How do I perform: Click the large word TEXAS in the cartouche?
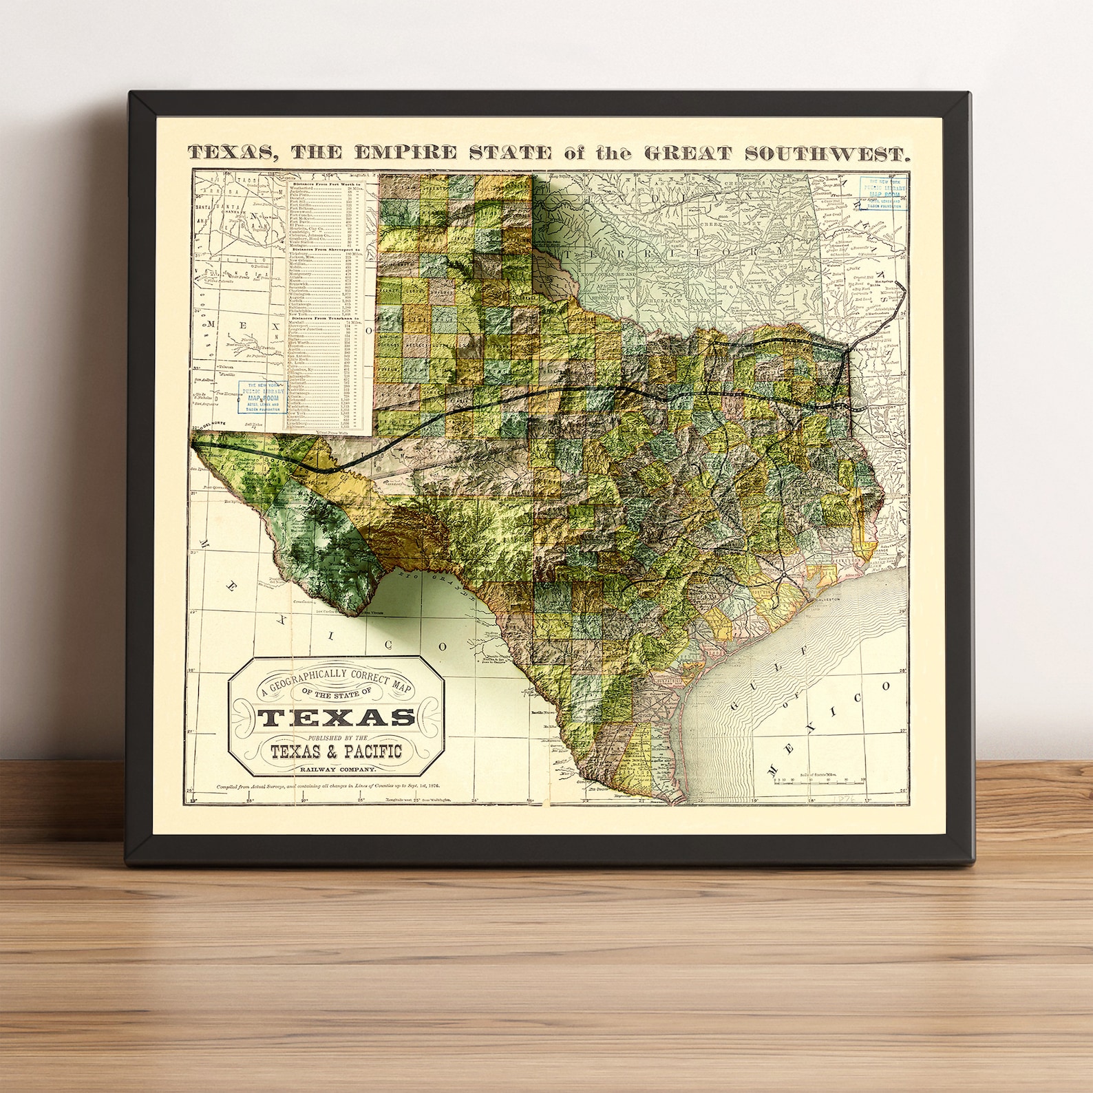tap(336, 718)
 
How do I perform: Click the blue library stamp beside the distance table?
tap(262, 397)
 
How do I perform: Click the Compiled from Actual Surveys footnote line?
tap(328, 785)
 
